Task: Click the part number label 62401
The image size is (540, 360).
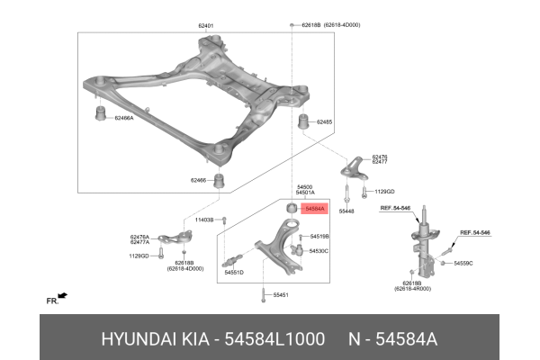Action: pyautogui.click(x=205, y=26)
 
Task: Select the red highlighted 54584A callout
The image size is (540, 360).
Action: pyautogui.click(x=315, y=209)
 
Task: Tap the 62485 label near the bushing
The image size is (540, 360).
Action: pyautogui.click(x=324, y=121)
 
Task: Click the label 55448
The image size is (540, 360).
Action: pyautogui.click(x=346, y=211)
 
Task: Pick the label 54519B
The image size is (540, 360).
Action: pyautogui.click(x=319, y=237)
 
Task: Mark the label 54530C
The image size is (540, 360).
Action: pyautogui.click(x=319, y=251)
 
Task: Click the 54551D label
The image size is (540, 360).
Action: pyautogui.click(x=235, y=271)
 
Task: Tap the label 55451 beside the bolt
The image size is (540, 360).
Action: pyautogui.click(x=282, y=294)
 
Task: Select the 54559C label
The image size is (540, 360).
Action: pyautogui.click(x=463, y=263)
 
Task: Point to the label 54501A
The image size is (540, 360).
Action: pyautogui.click(x=304, y=193)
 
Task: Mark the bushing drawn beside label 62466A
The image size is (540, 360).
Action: pyautogui.click(x=102, y=114)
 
